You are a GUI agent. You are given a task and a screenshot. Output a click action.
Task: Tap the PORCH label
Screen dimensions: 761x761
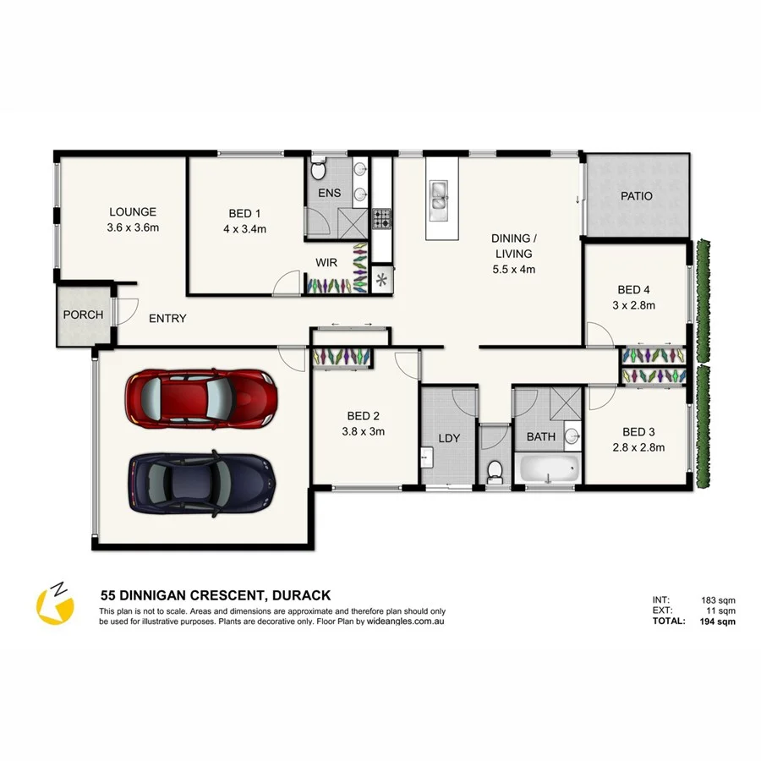(83, 315)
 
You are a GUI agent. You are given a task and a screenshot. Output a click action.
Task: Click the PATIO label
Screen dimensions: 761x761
(636, 196)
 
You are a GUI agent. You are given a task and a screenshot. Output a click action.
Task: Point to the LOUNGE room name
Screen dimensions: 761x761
(133, 212)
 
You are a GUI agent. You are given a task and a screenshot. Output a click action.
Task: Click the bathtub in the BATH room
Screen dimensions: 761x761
(550, 468)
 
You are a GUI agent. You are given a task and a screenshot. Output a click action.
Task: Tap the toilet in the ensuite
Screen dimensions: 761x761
(318, 171)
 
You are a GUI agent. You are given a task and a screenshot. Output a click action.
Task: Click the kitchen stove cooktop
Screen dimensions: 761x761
(382, 219)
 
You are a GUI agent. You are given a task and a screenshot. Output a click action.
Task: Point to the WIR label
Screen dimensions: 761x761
(326, 263)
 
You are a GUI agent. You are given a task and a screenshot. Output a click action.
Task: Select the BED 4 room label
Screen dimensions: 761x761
(635, 288)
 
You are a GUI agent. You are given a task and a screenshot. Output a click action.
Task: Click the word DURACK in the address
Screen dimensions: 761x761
(300, 595)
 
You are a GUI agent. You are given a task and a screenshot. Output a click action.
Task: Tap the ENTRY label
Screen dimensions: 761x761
(167, 319)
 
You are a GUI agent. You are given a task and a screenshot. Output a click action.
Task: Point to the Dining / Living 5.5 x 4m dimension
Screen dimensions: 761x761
(513, 270)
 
